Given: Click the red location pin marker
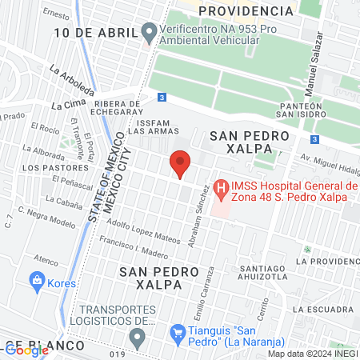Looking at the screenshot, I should tap(181, 163).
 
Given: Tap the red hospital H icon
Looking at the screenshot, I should tap(222, 190).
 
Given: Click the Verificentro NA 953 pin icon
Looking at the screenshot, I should tap(148, 32).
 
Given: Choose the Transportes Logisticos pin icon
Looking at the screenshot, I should tap(138, 339).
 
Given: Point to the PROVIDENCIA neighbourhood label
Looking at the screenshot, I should tap(246, 10).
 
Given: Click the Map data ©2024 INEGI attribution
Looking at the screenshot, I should tap(312, 354).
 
